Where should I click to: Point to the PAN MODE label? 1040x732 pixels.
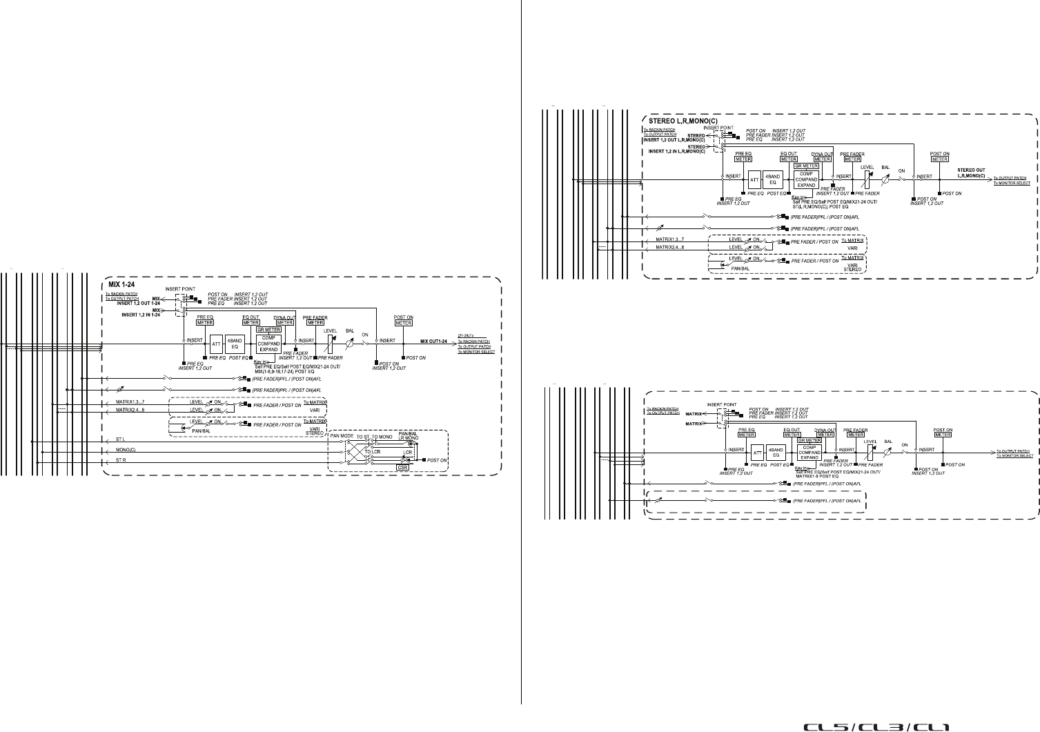coord(342,437)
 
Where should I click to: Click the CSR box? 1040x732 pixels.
coord(403,467)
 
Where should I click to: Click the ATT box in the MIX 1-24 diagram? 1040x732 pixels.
coord(216,343)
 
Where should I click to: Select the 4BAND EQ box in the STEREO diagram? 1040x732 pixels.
coord(774,180)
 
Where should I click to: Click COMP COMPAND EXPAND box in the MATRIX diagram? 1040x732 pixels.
coord(810,452)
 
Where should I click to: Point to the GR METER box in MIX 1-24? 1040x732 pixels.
coord(267,330)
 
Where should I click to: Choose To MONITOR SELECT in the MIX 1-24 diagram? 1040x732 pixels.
coord(475,352)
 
